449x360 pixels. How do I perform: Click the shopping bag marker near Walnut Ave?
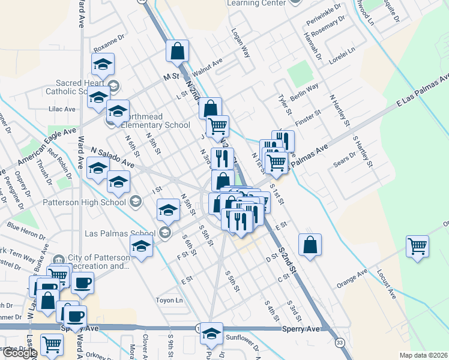tap(178, 51)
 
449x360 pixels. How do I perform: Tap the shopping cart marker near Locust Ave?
tap(418, 245)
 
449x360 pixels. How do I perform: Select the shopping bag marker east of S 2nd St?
tap(310, 245)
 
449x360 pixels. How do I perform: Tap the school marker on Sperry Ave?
tap(211, 334)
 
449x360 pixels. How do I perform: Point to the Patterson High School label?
tap(84, 202)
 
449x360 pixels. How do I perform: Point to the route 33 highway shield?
tap(340, 342)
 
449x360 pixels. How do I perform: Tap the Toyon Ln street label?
tap(169, 300)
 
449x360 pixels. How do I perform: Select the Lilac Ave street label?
tap(62, 109)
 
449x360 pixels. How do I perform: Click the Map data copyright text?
tap(424, 355)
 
